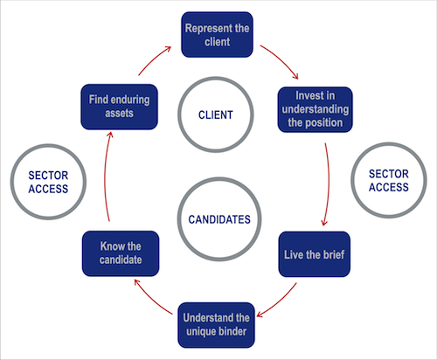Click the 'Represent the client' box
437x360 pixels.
pos(218,34)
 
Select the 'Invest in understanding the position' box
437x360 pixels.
pos(315,109)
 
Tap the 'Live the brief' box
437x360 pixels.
pos(315,253)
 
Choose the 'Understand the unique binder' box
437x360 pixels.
pos(218,322)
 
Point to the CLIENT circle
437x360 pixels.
pos(218,113)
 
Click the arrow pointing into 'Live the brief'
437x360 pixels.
pos(327,183)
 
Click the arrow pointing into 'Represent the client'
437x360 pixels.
pos(155,54)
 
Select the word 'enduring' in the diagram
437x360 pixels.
pos(129,99)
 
